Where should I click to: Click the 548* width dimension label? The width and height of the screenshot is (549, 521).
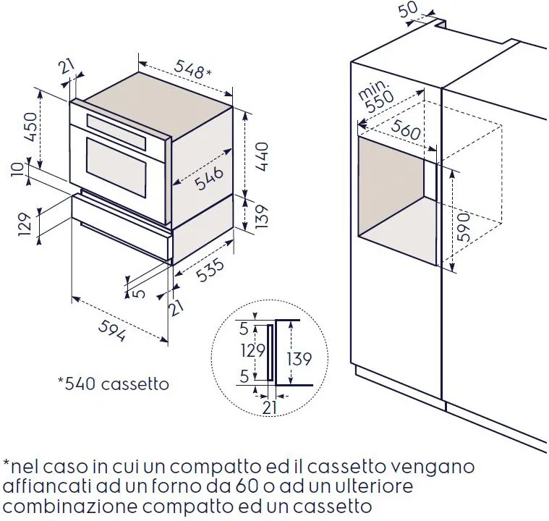[x=192, y=69]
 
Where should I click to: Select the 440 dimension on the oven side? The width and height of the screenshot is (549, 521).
[x=262, y=156]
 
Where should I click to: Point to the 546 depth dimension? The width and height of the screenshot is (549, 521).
[x=208, y=178]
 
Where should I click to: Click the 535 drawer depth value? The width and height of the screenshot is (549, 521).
[x=210, y=270]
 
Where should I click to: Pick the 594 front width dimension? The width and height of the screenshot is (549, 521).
[x=112, y=331]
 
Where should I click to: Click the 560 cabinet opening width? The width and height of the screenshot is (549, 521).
[x=406, y=130]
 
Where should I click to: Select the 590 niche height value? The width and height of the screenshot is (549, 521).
[x=464, y=227]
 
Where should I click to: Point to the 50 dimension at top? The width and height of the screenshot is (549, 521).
[x=409, y=9]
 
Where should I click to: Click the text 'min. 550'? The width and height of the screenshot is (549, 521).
[x=375, y=96]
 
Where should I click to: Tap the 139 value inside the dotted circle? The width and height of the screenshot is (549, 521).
[x=299, y=359]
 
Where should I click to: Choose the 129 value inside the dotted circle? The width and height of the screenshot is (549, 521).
[x=252, y=350]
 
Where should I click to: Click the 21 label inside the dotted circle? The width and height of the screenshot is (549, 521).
[x=269, y=407]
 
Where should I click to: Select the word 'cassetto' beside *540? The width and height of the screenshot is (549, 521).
[x=135, y=384]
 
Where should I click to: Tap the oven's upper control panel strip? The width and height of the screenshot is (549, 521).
[x=116, y=132]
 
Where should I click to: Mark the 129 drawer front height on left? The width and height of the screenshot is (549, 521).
[x=25, y=224]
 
